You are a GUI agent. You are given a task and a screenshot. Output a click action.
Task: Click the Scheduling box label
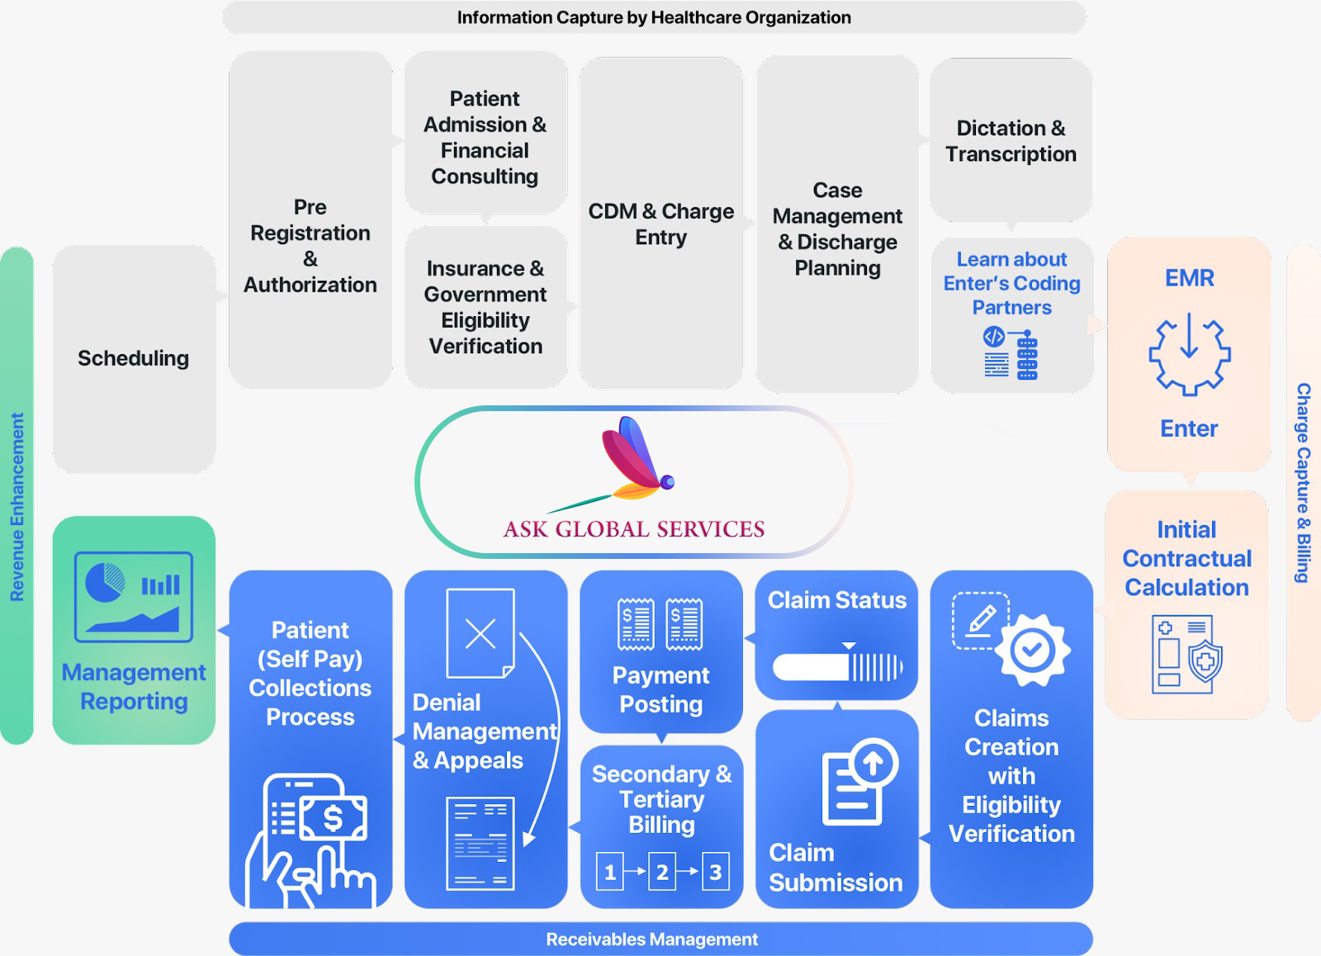pyautogui.click(x=133, y=358)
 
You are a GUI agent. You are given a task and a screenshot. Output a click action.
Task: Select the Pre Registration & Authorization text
pyautogui.click(x=310, y=245)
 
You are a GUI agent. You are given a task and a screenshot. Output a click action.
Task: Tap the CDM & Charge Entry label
pyautogui.click(x=660, y=224)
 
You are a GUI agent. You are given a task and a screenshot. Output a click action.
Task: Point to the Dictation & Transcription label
pyautogui.click(x=1011, y=141)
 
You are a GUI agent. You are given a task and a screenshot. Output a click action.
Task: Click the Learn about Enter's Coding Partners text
pyautogui.click(x=1011, y=283)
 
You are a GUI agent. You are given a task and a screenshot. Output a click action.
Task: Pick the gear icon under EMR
pyautogui.click(x=1189, y=353)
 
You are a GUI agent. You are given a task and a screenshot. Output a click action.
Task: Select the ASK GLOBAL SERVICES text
pyautogui.click(x=634, y=529)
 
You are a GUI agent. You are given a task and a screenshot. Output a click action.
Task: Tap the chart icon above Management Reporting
pyautogui.click(x=134, y=597)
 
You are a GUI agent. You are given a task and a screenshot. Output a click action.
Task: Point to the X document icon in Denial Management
pyautogui.click(x=481, y=633)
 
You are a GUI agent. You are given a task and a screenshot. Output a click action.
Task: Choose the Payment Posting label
pyautogui.click(x=660, y=689)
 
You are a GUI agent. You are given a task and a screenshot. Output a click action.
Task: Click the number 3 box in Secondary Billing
pyautogui.click(x=715, y=872)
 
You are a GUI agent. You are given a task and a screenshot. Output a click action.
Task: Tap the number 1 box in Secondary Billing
pyautogui.click(x=610, y=872)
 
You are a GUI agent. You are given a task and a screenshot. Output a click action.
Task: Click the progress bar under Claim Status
pyautogui.click(x=837, y=666)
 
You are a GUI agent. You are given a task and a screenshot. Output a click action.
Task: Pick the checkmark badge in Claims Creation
pyautogui.click(x=1032, y=651)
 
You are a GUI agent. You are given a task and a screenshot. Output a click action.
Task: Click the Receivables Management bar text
pyautogui.click(x=651, y=939)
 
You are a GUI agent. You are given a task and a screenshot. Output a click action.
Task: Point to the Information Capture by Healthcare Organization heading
pyautogui.click(x=654, y=17)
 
